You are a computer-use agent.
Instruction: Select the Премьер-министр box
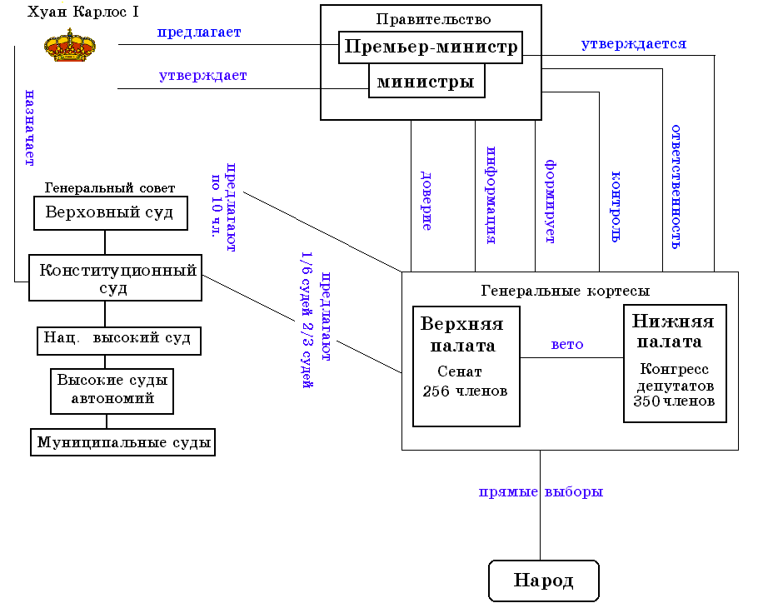pyautogui.click(x=431, y=47)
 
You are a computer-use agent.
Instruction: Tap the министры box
pyautogui.click(x=426, y=82)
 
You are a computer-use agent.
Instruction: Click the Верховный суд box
pyautogui.click(x=110, y=213)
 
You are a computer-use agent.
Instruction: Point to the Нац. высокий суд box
pyautogui.click(x=119, y=339)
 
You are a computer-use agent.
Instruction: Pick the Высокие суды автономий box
pyautogui.click(x=112, y=390)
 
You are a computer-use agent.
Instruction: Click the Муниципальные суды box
pyautogui.click(x=123, y=442)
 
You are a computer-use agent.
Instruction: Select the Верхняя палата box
pyautogui.click(x=466, y=366)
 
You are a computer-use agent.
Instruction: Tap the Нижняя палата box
pyautogui.click(x=675, y=363)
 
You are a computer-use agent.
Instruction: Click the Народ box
pyautogui.click(x=543, y=581)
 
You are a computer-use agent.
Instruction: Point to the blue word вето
pyautogui.click(x=567, y=345)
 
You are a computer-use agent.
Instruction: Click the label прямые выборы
pyautogui.click(x=541, y=491)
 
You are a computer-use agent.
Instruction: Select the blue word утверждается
pyautogui.click(x=634, y=44)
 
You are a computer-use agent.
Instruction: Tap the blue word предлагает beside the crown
pyautogui.click(x=199, y=32)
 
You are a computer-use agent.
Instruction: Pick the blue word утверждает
pyautogui.click(x=202, y=76)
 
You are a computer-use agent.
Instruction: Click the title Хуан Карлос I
pyautogui.click(x=82, y=12)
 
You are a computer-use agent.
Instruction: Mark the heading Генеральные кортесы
pyautogui.click(x=566, y=291)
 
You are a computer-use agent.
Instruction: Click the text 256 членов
pyautogui.click(x=465, y=391)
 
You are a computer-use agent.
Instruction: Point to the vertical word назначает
pyautogui.click(x=29, y=127)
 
